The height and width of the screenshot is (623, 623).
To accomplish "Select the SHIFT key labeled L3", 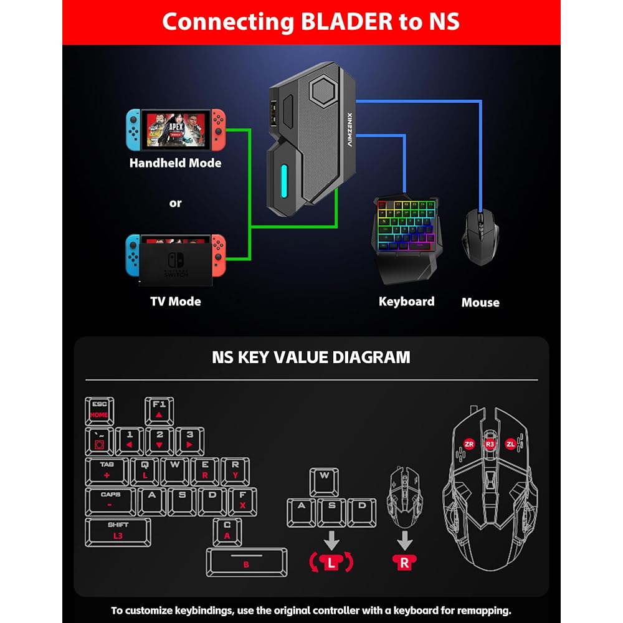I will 118,531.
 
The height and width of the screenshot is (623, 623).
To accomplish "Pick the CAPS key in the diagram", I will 110,501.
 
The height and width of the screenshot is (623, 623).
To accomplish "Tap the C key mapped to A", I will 227,531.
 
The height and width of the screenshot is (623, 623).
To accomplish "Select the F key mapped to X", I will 242,501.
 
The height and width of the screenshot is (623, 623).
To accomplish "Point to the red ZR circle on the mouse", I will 469,444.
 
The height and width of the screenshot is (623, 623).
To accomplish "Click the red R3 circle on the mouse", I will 490,444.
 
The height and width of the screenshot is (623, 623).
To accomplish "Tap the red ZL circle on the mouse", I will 511,444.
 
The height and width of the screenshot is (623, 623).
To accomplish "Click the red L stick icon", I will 331,563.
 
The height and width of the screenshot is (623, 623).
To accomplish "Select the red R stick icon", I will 404,563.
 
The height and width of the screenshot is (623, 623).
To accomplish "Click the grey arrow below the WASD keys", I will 331,540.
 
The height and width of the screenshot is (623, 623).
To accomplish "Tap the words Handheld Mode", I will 175,163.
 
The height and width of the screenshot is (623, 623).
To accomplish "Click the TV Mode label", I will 175,302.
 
